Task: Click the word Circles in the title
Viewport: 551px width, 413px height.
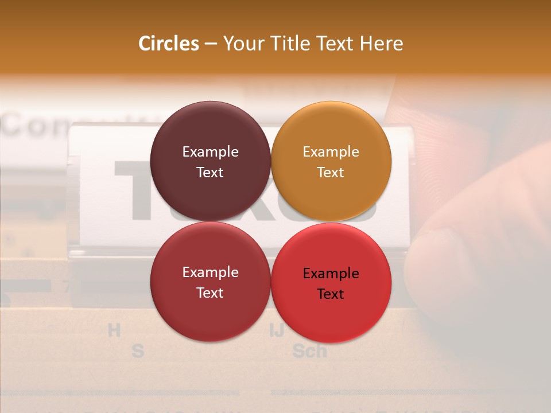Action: pyautogui.click(x=169, y=44)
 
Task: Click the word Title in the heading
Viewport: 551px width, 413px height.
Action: pyautogui.click(x=293, y=44)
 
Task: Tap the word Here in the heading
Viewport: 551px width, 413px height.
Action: pyautogui.click(x=381, y=44)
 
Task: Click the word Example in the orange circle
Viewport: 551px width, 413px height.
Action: pyautogui.click(x=331, y=152)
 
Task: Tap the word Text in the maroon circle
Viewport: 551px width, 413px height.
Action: pyautogui.click(x=210, y=173)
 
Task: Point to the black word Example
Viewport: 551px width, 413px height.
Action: pyautogui.click(x=331, y=274)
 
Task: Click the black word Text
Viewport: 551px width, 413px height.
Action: pyautogui.click(x=330, y=294)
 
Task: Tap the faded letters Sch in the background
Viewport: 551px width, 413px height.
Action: pyautogui.click(x=309, y=350)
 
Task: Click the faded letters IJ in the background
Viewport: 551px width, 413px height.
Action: pyautogui.click(x=277, y=330)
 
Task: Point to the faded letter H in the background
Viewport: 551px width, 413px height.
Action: pyautogui.click(x=115, y=330)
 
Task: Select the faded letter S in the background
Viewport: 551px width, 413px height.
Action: pyautogui.click(x=138, y=350)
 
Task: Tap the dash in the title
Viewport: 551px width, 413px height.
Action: pyautogui.click(x=211, y=44)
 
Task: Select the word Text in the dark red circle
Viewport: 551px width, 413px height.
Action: pyautogui.click(x=210, y=293)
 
